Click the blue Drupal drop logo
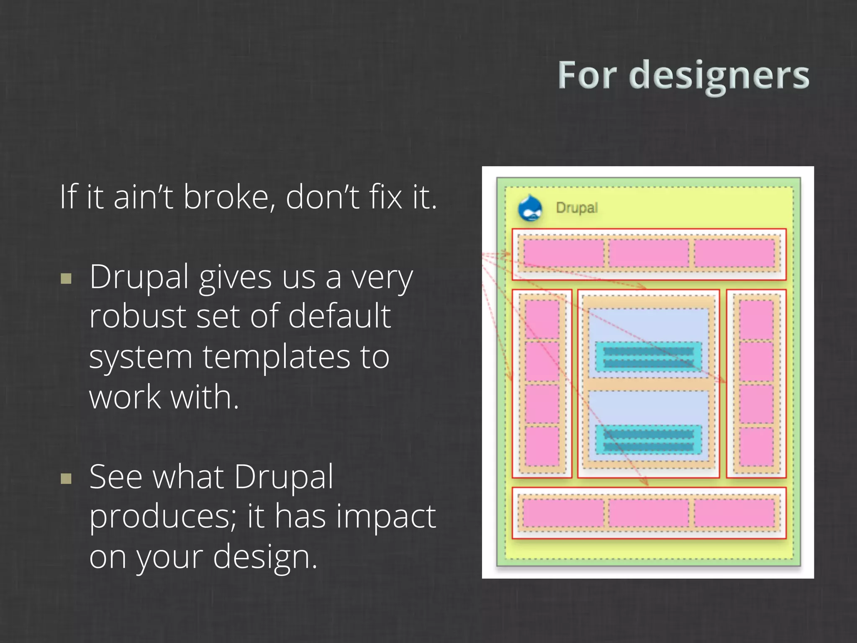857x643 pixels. pos(530,208)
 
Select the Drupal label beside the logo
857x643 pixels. pos(577,208)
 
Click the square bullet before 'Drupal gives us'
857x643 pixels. pos(66,279)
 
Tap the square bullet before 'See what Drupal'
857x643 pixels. pos(66,478)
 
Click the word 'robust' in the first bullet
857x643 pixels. pos(137,316)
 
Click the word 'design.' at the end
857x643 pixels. pos(265,557)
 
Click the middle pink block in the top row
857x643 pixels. pos(649,253)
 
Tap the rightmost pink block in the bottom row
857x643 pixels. pos(734,513)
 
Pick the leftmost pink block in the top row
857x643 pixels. pos(563,253)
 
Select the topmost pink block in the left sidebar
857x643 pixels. pos(542,319)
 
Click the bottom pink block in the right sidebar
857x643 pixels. pos(756,446)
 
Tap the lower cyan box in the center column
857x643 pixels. pos(648,440)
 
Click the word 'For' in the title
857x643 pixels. pos(587,76)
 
